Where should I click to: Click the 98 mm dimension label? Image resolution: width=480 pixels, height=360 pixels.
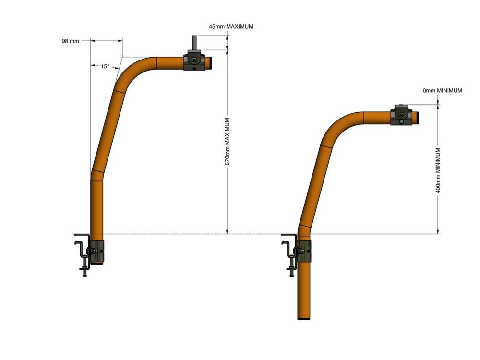pyautogui.click(x=71, y=41)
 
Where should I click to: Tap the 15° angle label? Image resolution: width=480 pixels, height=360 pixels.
pyautogui.click(x=105, y=66)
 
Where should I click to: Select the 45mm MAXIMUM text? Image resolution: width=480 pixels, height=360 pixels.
pyautogui.click(x=231, y=26)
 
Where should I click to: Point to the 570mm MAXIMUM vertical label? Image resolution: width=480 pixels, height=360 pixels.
pyautogui.click(x=228, y=142)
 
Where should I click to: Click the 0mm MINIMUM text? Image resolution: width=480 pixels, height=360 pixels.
pyautogui.click(x=443, y=90)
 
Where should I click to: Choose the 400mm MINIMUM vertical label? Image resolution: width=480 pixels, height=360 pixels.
pyautogui.click(x=438, y=170)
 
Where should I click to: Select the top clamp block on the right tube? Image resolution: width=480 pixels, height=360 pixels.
pyautogui.click(x=401, y=115)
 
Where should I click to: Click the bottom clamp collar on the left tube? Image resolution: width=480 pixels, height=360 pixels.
pyautogui.click(x=97, y=252)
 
